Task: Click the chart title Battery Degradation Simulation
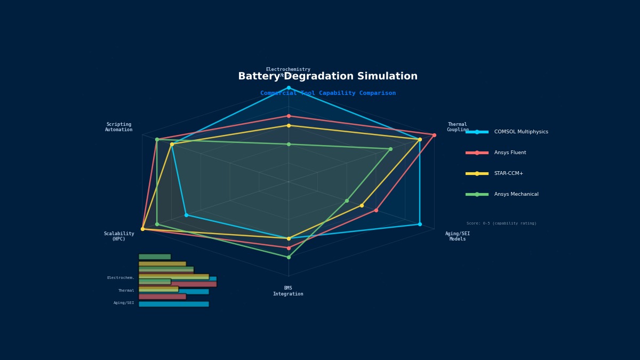pos(327,77)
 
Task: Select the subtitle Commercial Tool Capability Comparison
pos(327,93)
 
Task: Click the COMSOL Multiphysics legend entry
pos(521,132)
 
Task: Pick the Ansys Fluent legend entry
pos(509,153)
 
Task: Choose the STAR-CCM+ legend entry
pos(508,173)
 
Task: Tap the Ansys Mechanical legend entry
pos(516,194)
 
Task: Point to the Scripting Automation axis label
pos(118,127)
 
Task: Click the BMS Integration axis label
pos(288,291)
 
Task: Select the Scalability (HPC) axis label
pos(119,236)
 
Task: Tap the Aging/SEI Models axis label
pos(458,236)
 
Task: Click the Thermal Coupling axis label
pos(458,127)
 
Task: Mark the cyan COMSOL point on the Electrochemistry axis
pos(289,87)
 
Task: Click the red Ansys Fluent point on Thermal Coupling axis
pos(434,135)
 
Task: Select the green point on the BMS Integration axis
pos(289,257)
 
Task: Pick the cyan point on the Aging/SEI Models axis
pos(420,224)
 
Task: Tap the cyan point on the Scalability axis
pos(186,215)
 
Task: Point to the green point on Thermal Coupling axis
pos(390,149)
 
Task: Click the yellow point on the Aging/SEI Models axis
pos(362,205)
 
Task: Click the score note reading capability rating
pos(501,223)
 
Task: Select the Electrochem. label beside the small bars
pos(121,278)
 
